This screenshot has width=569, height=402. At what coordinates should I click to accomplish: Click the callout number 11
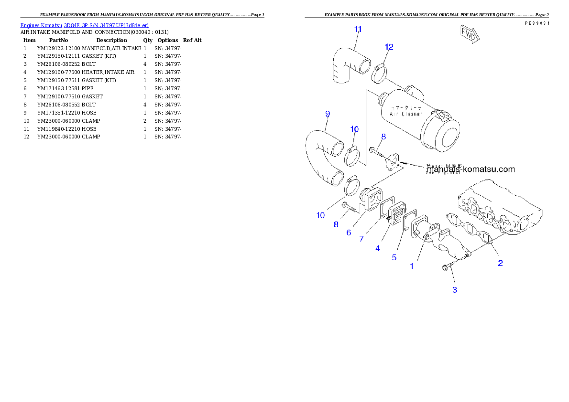point(358,29)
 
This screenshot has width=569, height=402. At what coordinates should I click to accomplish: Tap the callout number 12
point(389,47)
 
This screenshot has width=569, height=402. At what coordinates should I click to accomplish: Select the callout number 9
point(328,114)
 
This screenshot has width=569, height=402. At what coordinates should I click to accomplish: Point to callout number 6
point(349,233)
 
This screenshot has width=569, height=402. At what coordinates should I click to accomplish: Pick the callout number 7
point(362,239)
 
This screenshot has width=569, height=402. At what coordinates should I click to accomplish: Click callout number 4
point(378,248)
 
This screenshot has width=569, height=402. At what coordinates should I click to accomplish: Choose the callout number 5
point(394,257)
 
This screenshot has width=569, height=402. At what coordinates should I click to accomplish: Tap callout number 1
point(412,266)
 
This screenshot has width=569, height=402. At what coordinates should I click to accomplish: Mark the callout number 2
point(500,263)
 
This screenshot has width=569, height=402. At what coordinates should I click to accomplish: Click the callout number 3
point(454,289)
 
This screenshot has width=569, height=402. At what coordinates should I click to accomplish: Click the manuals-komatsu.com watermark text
point(471,169)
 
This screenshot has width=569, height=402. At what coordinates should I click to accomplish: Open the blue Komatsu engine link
point(84,25)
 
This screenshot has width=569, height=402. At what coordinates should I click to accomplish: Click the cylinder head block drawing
point(502,205)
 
